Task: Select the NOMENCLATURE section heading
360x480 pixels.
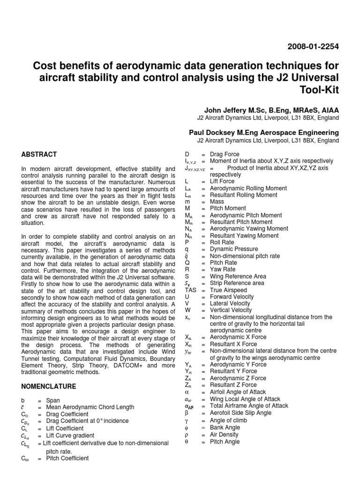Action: coord(49,386)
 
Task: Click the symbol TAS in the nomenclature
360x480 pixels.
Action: coord(191,290)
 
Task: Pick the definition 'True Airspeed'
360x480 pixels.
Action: coord(229,290)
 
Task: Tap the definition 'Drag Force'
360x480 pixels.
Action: coord(225,154)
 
